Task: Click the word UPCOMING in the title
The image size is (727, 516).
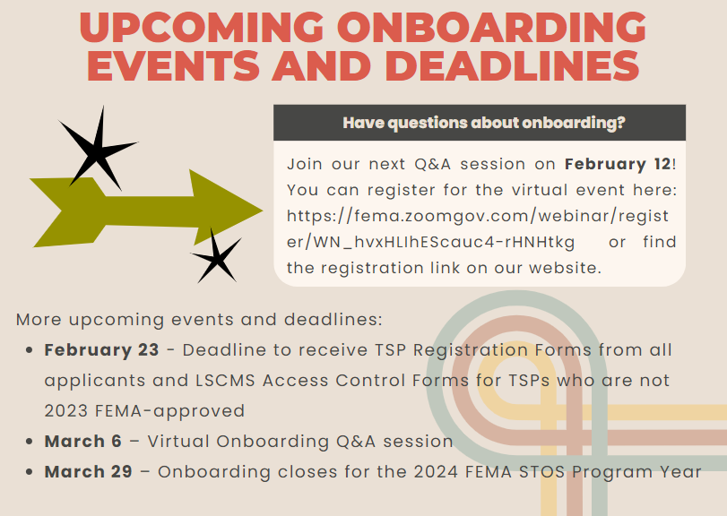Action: click(x=202, y=27)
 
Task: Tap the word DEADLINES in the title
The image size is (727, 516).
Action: click(x=512, y=65)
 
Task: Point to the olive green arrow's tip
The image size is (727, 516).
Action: click(x=263, y=211)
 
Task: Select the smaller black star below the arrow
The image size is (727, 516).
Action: click(x=216, y=256)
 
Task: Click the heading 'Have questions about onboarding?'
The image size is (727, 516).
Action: click(x=484, y=123)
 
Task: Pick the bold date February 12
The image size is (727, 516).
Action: click(x=618, y=164)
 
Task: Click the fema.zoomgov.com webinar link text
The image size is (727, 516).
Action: click(x=478, y=228)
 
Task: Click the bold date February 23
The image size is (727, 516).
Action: click(x=101, y=349)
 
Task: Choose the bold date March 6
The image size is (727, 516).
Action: click(x=83, y=441)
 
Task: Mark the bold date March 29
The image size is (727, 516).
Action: click(x=89, y=471)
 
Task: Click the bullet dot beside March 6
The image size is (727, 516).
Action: click(x=30, y=442)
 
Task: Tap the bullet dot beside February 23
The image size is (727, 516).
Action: click(x=30, y=350)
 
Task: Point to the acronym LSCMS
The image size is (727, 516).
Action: click(x=225, y=381)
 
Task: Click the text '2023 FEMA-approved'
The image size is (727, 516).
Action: click(x=144, y=411)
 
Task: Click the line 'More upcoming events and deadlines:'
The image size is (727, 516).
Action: click(x=199, y=320)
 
